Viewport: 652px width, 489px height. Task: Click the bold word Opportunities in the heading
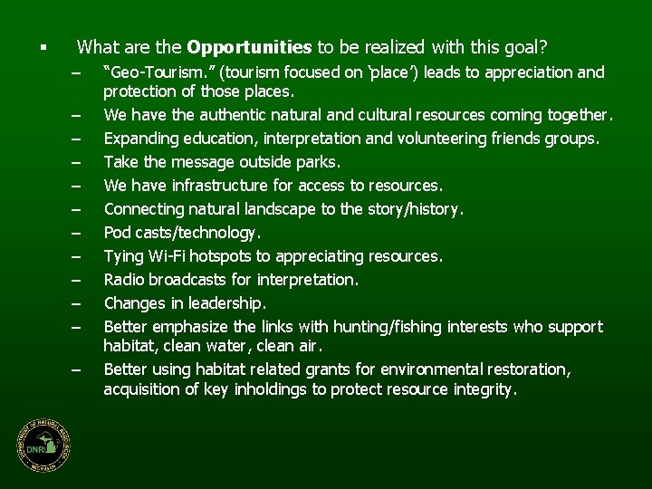tap(249, 45)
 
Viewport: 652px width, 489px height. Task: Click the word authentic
tap(208, 115)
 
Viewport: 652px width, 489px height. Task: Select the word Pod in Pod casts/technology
tap(118, 233)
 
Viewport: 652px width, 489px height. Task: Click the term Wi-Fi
tap(161, 256)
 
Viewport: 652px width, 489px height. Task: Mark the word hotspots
tap(216, 256)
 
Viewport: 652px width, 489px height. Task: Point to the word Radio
tap(125, 280)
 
